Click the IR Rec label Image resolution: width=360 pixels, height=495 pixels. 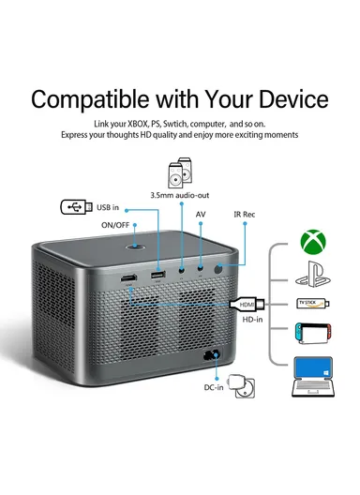[x=245, y=214]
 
